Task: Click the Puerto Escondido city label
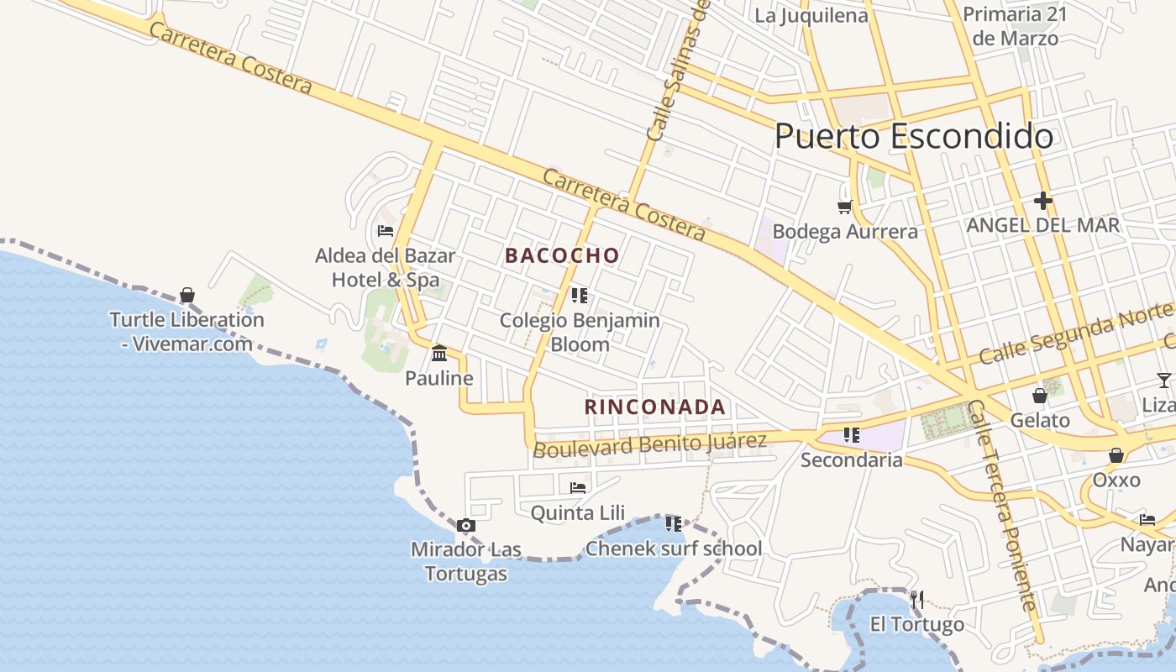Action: [x=914, y=136]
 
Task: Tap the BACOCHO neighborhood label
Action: [x=562, y=256]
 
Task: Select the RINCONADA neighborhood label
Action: [x=655, y=407]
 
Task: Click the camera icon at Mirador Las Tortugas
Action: [x=466, y=526]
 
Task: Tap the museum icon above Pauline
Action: [x=439, y=354]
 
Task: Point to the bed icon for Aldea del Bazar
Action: [x=386, y=231]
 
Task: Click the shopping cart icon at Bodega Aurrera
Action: [x=844, y=207]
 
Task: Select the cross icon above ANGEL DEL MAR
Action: [x=1043, y=201]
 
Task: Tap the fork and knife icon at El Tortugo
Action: [x=917, y=600]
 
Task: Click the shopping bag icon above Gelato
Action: [x=1040, y=396]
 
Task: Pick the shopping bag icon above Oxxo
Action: [x=1116, y=455]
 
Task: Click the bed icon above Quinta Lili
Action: [x=578, y=487]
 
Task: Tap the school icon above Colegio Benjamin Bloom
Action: [x=579, y=296]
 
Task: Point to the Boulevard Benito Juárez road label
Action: [x=650, y=444]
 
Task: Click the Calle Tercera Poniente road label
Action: [x=1003, y=505]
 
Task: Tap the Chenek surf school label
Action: [x=674, y=549]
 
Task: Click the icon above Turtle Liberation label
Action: [x=187, y=296]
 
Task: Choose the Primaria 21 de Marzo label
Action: [x=1015, y=26]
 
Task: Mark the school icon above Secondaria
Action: [x=852, y=435]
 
